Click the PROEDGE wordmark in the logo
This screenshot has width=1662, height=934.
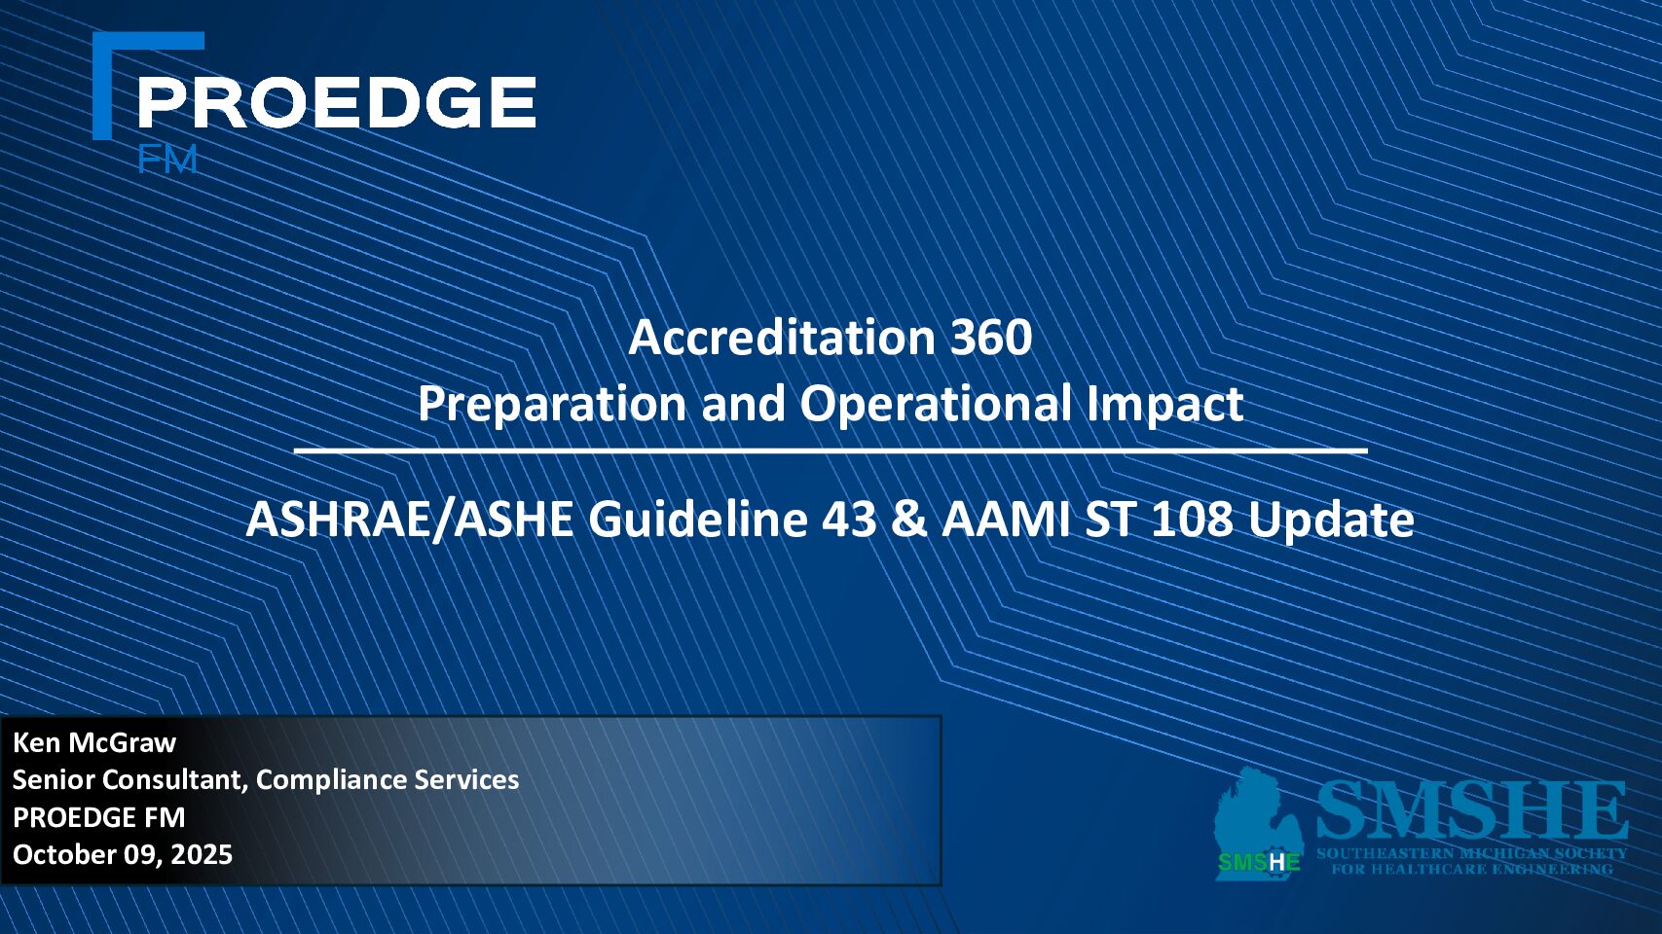[337, 102]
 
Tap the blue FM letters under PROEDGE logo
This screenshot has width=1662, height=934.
[167, 160]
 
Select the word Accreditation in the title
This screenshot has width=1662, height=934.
[782, 338]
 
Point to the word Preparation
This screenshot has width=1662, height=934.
[552, 404]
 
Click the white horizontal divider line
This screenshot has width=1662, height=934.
[831, 449]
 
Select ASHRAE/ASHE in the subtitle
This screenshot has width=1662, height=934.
[410, 519]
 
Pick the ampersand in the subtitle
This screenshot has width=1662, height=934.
[909, 519]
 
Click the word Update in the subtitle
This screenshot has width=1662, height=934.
[1331, 521]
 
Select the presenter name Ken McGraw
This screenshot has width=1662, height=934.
[94, 742]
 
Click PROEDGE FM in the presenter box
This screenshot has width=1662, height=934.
[98, 817]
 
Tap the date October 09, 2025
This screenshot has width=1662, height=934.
[123, 854]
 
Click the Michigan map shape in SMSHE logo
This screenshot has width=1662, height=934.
[1258, 824]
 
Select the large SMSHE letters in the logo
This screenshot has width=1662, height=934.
[1472, 811]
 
